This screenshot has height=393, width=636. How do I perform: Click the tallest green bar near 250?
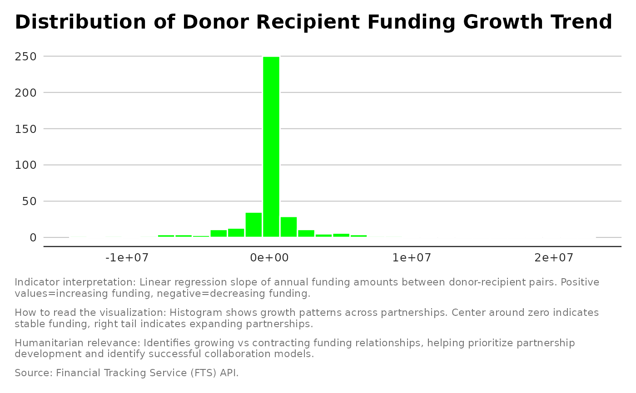click(271, 146)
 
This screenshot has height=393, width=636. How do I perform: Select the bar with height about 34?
click(253, 225)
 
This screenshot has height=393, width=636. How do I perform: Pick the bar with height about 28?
click(288, 227)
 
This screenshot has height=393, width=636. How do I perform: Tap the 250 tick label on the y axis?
click(27, 57)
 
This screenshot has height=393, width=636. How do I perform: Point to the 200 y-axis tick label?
click(27, 93)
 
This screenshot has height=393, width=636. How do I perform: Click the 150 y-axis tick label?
click(27, 129)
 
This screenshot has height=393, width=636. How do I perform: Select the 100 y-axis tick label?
click(27, 165)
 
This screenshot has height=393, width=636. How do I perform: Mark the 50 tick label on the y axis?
click(30, 201)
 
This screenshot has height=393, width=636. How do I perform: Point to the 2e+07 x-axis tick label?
click(554, 258)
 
